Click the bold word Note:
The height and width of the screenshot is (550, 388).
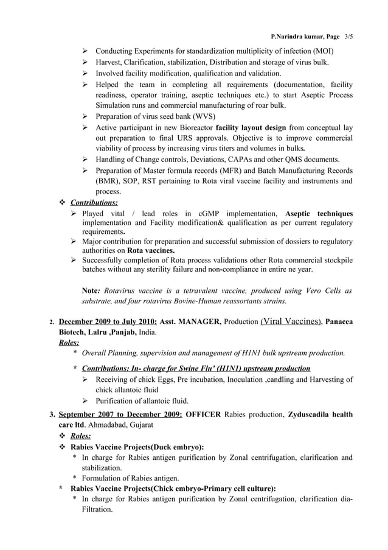[92, 291]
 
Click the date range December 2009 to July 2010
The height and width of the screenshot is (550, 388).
[108, 321]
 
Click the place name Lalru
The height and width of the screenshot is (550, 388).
[103, 333]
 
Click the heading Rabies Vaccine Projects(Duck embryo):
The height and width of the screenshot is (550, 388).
[137, 446]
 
